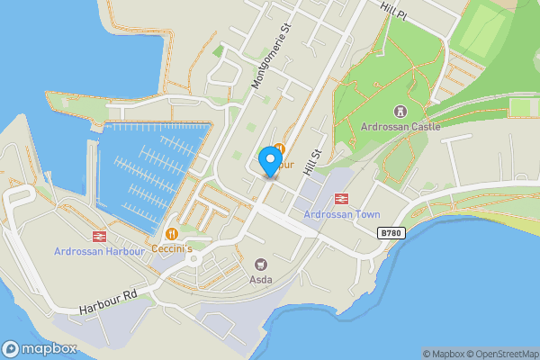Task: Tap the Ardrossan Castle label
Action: click(400, 127)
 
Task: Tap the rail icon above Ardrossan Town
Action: click(341, 198)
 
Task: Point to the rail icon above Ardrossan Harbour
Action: click(96, 235)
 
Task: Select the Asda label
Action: click(261, 279)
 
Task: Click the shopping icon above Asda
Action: click(261, 264)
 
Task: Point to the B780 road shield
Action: click(391, 233)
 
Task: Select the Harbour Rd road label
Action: click(107, 301)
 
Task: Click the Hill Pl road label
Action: click(394, 12)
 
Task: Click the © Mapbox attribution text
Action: click(442, 354)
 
